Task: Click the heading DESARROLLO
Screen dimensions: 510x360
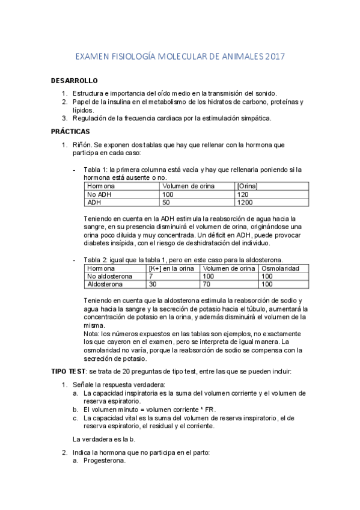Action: pos(74,81)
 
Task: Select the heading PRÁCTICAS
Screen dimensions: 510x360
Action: pos(70,131)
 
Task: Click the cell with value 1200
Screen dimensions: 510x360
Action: pos(245,203)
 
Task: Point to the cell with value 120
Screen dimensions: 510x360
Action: pos(243,195)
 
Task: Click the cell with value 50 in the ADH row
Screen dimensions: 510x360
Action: pos(167,203)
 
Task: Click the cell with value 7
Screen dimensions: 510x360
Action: pos(151,276)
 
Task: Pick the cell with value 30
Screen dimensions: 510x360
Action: pos(153,284)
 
